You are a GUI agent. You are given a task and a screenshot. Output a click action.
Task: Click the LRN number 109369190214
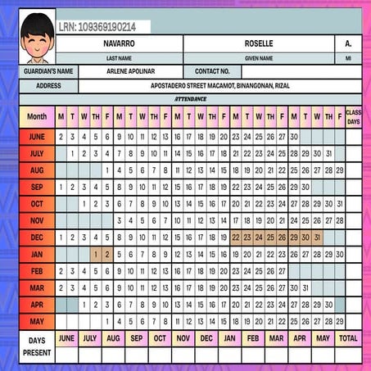(97, 27)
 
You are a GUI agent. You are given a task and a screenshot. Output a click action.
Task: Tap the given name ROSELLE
(258, 43)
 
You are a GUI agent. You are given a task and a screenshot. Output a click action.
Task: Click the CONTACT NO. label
(212, 71)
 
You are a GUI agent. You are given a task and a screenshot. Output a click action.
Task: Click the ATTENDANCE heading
(190, 98)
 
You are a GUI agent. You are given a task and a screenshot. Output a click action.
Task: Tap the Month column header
(37, 116)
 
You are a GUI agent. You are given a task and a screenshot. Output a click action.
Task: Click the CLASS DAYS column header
(353, 116)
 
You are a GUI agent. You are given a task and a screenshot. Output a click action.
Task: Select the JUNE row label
(37, 137)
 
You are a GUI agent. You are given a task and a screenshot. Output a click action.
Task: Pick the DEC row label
(37, 238)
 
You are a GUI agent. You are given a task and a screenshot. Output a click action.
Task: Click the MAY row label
(37, 321)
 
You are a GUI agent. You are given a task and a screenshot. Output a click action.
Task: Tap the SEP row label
(37, 187)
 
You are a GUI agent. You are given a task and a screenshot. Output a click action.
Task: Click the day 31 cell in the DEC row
(317, 238)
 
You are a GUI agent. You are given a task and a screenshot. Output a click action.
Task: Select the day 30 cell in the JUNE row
(294, 137)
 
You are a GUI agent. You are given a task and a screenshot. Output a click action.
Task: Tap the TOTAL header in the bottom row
(349, 337)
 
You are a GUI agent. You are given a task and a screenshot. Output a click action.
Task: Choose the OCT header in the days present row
(159, 337)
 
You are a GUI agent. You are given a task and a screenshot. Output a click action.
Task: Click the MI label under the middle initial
(347, 58)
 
